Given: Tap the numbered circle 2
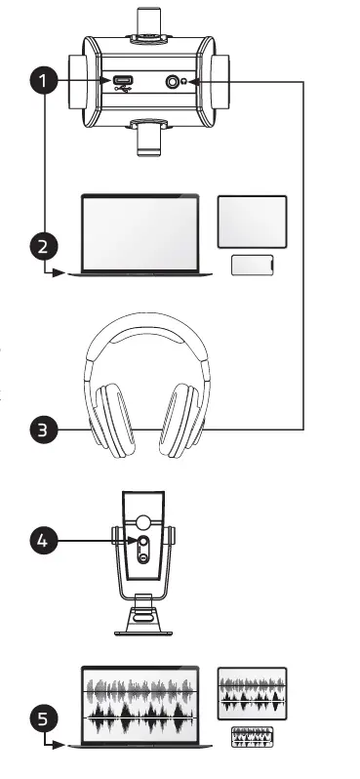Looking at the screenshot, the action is pyautogui.click(x=42, y=245).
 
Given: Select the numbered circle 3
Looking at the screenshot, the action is pyautogui.click(x=42, y=428).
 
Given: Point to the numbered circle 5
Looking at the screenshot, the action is pyautogui.click(x=42, y=719).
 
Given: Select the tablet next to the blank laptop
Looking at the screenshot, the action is pyautogui.click(x=253, y=220).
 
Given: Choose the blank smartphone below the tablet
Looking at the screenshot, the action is pyautogui.click(x=253, y=265).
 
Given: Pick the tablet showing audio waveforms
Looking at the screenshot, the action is pyautogui.click(x=253, y=694).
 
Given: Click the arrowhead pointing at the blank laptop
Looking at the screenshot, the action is pyautogui.click(x=62, y=274).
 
